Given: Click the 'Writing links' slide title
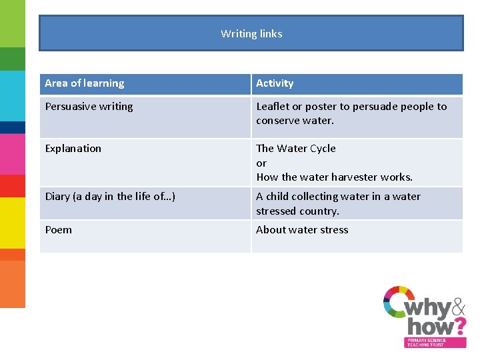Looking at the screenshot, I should (x=251, y=34).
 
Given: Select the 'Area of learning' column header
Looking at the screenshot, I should (x=85, y=83).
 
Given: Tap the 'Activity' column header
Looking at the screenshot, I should (x=275, y=83).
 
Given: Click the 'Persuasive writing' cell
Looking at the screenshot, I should (x=89, y=107).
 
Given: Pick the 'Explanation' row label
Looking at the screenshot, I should (x=73, y=149).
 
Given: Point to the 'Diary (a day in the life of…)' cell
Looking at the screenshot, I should (x=110, y=197).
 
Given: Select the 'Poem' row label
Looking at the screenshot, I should (x=58, y=230).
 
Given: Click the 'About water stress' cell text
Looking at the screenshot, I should (x=302, y=230).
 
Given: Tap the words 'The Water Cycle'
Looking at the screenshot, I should (x=296, y=149).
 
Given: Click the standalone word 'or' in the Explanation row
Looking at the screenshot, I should (x=261, y=163).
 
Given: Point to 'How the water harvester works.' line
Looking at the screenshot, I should (x=335, y=177).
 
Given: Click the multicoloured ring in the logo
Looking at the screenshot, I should (x=398, y=302).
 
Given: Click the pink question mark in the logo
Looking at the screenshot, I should (x=459, y=327).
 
